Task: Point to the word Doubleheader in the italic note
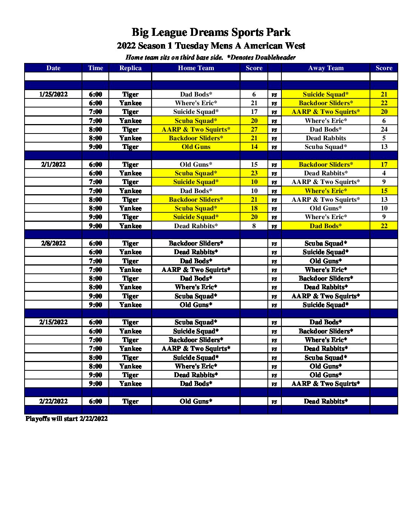(x=275, y=57)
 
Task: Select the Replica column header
(x=130, y=68)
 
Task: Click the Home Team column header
(x=196, y=68)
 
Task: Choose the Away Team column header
(x=326, y=68)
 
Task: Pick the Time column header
(x=95, y=68)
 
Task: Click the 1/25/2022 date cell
(x=53, y=94)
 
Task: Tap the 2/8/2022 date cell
(x=53, y=243)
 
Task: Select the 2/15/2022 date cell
(x=53, y=322)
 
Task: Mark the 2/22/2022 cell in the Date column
(x=53, y=401)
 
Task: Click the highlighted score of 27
(x=254, y=129)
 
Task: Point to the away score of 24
(x=384, y=129)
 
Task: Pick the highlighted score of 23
(x=254, y=173)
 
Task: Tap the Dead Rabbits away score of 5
(x=384, y=138)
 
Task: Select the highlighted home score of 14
(x=254, y=147)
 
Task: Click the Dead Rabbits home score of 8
(x=254, y=226)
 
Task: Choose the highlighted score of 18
(x=254, y=208)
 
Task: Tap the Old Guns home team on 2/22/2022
(x=196, y=401)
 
